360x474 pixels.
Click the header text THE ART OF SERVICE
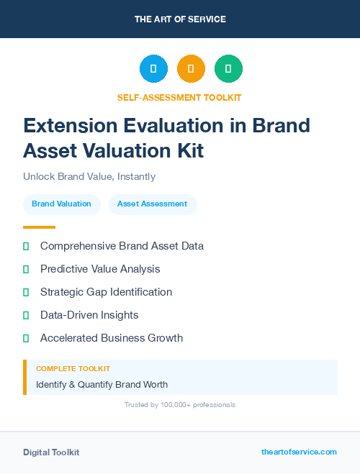tap(180, 19)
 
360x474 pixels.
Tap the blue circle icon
tap(153, 68)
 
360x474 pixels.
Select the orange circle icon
tap(191, 68)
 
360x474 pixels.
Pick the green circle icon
tap(228, 68)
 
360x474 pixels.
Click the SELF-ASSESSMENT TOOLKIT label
tap(179, 97)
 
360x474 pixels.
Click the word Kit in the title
tap(189, 150)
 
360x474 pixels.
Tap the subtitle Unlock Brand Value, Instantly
tap(89, 176)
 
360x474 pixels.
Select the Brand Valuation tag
tap(61, 204)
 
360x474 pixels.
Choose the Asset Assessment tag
tap(152, 204)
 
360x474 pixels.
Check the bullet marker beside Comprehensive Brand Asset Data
tap(26, 246)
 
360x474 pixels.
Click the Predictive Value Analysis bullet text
tap(100, 269)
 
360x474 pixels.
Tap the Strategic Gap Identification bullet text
tap(106, 292)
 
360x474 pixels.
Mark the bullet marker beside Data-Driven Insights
tap(26, 315)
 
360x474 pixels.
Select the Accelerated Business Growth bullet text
tap(112, 338)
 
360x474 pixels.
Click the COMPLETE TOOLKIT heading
tap(73, 368)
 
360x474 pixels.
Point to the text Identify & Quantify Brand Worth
tap(102, 384)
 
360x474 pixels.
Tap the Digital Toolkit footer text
tap(51, 452)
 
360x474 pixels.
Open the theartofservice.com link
tap(299, 452)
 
